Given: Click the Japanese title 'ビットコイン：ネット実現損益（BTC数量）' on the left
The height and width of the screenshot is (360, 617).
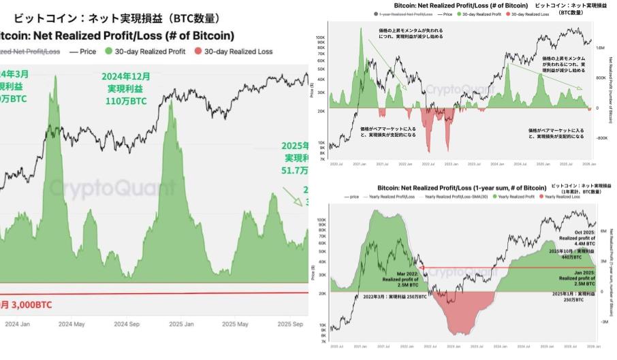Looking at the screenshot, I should point(116,18).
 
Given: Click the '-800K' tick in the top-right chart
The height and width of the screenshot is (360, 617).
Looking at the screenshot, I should point(601,137).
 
